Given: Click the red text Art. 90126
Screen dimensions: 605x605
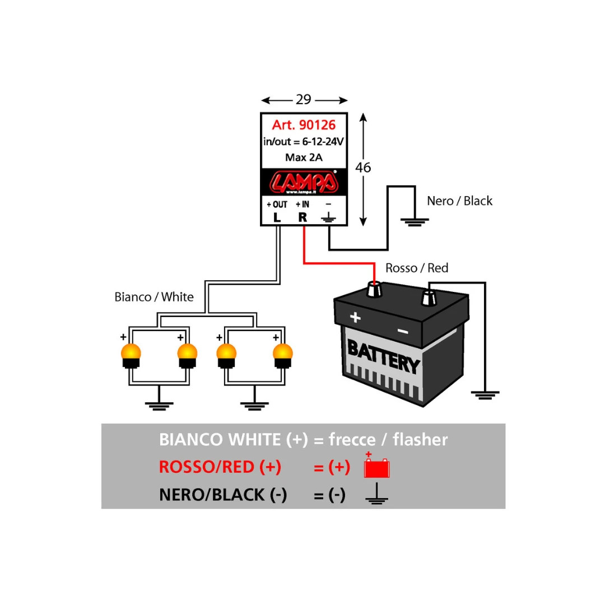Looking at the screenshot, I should (x=304, y=125).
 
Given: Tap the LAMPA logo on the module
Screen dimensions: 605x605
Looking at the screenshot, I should (x=304, y=182).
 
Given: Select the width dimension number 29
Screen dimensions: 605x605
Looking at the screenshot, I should (x=304, y=100).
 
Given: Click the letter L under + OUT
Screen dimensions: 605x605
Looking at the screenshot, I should (x=277, y=217).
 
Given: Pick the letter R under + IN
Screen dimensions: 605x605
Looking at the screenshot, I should (x=302, y=217).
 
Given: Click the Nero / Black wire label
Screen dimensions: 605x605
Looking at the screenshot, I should (x=459, y=201).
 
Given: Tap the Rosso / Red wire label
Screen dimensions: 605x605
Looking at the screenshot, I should (x=417, y=268).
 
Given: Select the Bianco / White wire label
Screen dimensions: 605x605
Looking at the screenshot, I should (x=153, y=297).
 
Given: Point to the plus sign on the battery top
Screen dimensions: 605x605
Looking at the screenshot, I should (x=355, y=318).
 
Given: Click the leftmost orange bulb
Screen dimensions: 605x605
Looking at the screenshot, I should (x=131, y=353).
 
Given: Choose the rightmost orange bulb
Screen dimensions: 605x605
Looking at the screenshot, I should (x=283, y=353).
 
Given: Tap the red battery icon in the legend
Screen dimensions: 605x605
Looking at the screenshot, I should (x=376, y=467).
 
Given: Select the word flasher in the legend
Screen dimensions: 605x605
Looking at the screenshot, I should (x=420, y=440).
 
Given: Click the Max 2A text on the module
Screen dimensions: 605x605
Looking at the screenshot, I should (x=304, y=157).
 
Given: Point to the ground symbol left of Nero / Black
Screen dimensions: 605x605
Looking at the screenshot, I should (x=415, y=221).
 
